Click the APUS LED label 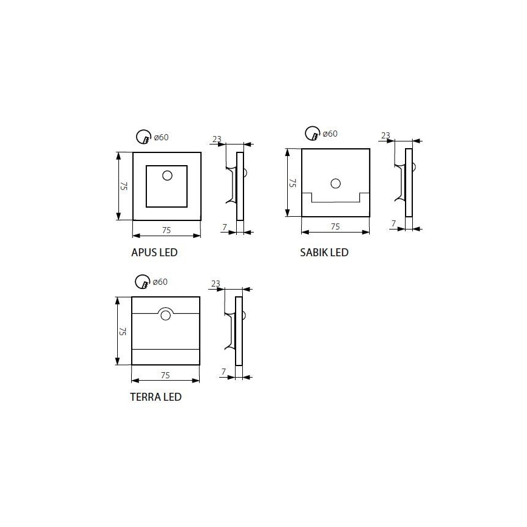(154, 253)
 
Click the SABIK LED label (324, 253)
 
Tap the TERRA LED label (155, 398)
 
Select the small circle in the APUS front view (167, 175)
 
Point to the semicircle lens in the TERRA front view (165, 314)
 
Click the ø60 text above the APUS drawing (161, 137)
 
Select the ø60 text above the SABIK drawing (329, 134)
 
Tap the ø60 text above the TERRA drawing (160, 282)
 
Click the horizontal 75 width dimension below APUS (167, 229)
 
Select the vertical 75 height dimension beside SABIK (292, 182)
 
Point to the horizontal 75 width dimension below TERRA (165, 375)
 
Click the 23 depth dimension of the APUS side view (217, 139)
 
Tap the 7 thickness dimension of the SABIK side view (393, 223)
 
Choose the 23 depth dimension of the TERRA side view (216, 284)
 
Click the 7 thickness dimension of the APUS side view (225, 226)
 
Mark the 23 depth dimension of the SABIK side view (386, 135)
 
